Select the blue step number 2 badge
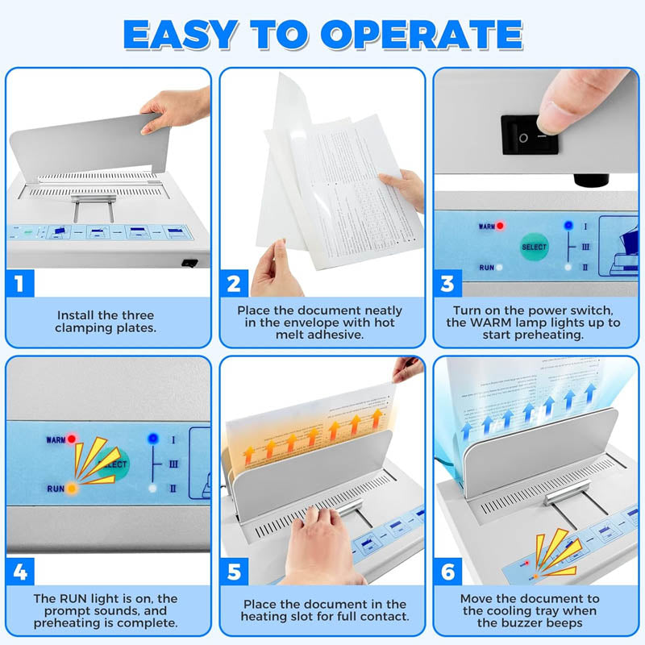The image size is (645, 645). (x=234, y=284)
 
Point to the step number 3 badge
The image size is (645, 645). (x=447, y=284)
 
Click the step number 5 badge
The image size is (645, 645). (x=234, y=572)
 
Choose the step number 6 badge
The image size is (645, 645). (x=447, y=572)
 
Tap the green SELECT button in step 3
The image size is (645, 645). (x=534, y=247)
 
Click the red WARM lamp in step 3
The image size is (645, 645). (x=501, y=227)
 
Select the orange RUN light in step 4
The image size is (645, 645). (x=72, y=489)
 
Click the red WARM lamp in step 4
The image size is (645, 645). (x=72, y=439)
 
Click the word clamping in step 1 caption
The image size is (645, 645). (x=83, y=328)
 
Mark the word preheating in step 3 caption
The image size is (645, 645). (x=548, y=335)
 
